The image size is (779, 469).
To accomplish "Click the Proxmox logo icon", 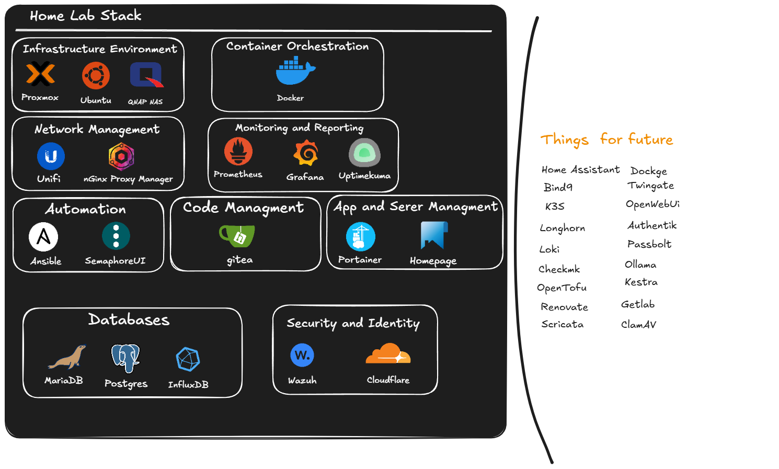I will pyautogui.click(x=40, y=74).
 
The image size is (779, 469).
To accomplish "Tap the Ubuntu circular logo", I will pyautogui.click(x=96, y=76).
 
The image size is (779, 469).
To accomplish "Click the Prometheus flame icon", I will pyautogui.click(x=238, y=152).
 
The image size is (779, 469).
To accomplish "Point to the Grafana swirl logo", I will pyautogui.click(x=306, y=153).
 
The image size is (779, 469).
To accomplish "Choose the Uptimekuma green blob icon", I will pyautogui.click(x=364, y=153).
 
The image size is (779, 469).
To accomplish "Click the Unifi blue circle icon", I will pyautogui.click(x=51, y=156).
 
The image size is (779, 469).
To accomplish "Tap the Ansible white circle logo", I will pyautogui.click(x=43, y=237).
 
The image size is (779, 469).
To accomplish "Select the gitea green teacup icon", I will pyautogui.click(x=237, y=236).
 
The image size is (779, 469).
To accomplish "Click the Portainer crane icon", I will pyautogui.click(x=360, y=237).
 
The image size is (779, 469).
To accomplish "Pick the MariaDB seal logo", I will pyautogui.click(x=67, y=358).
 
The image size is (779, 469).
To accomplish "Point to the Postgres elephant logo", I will pyautogui.click(x=125, y=358).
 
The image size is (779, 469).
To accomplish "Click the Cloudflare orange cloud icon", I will pyautogui.click(x=388, y=354).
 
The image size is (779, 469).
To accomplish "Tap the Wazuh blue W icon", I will pyautogui.click(x=302, y=356).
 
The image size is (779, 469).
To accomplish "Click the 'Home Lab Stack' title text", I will pyautogui.click(x=85, y=16).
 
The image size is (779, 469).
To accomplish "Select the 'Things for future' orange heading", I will pyautogui.click(x=606, y=140).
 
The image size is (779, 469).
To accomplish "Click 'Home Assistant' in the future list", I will pyautogui.click(x=580, y=170).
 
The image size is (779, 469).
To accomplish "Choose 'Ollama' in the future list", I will pyautogui.click(x=640, y=265).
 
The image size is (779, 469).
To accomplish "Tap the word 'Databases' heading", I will pyautogui.click(x=129, y=319).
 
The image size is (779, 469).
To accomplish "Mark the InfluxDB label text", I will pyautogui.click(x=188, y=385).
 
